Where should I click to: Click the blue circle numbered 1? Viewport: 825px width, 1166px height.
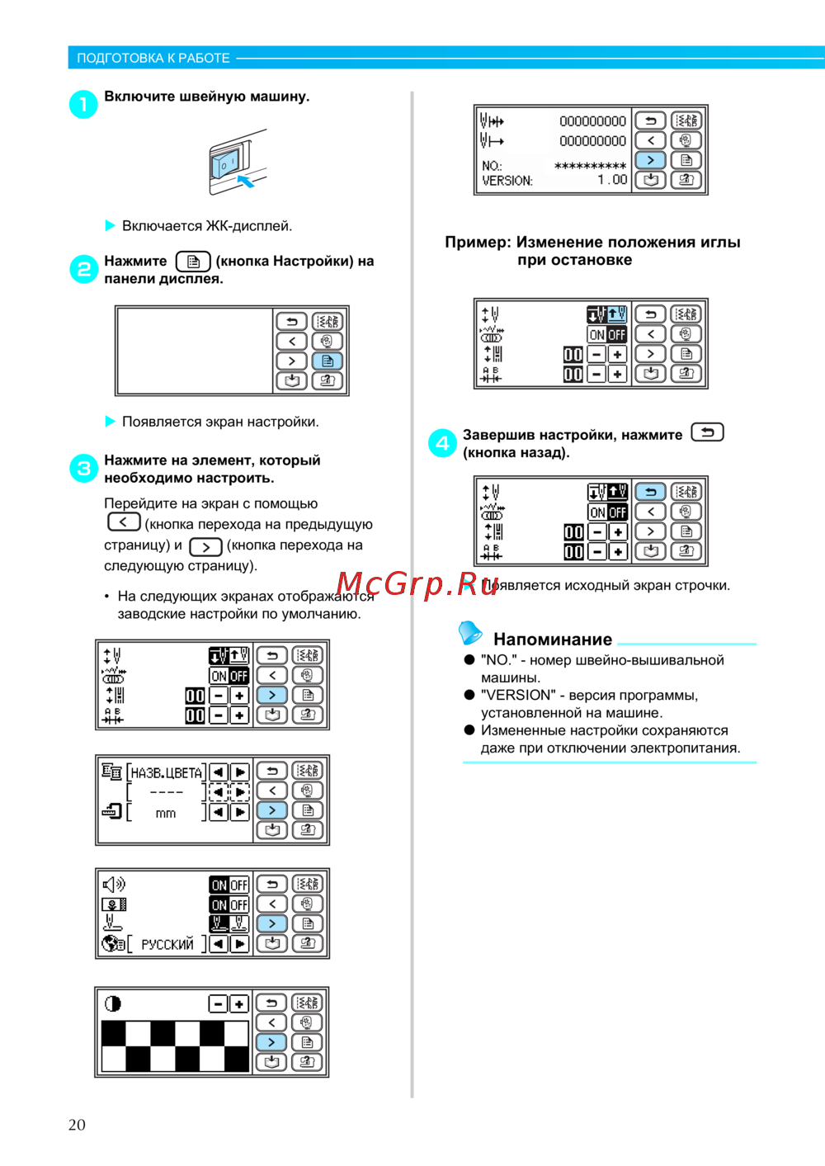point(83,104)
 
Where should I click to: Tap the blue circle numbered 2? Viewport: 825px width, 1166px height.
point(83,268)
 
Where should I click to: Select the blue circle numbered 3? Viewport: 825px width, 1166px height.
point(83,469)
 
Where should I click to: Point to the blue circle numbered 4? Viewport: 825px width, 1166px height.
point(442,442)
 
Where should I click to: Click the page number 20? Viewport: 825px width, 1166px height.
point(77,1125)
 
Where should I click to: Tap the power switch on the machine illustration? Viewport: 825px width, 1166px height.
point(225,163)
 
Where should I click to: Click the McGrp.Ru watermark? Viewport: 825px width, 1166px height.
point(417,584)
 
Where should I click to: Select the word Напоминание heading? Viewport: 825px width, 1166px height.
point(553,640)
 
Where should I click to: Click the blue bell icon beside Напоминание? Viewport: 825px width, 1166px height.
point(470,633)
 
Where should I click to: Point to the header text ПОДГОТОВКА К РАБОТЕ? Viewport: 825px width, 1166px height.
point(153,58)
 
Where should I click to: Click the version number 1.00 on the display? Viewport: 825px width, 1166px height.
point(613,180)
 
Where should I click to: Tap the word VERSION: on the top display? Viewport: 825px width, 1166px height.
point(507,181)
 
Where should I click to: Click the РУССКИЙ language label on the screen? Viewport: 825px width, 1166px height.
point(167,944)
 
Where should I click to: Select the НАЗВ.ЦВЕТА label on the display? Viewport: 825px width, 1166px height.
point(167,773)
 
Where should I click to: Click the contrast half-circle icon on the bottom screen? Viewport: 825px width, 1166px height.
point(113,1003)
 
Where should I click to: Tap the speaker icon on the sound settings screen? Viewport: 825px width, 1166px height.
point(114,885)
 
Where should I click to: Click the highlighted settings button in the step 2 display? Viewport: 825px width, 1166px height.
point(328,361)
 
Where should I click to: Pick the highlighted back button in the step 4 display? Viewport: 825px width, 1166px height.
point(651,492)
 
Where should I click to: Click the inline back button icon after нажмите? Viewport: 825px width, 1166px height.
point(707,432)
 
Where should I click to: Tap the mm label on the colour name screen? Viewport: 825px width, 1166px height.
point(166,814)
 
